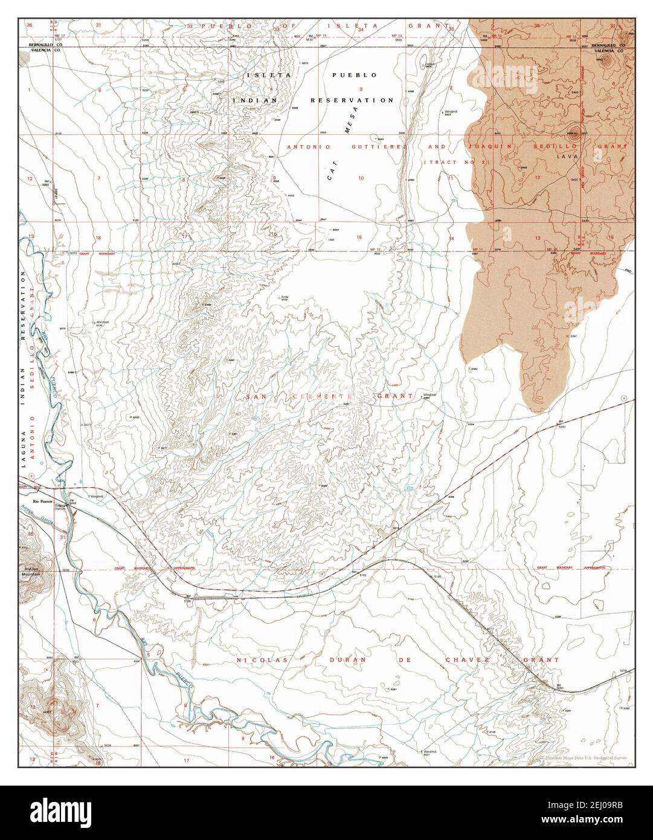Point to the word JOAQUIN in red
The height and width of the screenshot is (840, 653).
[x=491, y=147]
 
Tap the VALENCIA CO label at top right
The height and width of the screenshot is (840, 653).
[x=609, y=51]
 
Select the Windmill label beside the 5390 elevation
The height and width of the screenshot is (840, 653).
[x=429, y=393]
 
